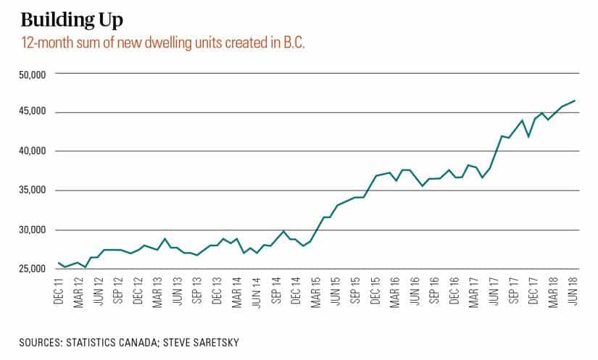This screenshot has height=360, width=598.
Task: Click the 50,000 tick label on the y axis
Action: pos(32,73)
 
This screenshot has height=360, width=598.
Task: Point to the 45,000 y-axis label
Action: pos(32,112)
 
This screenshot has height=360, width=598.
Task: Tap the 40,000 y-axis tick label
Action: pos(32,151)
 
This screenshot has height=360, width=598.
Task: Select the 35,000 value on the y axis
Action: pos(32,191)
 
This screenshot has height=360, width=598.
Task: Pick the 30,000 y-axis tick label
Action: pos(32,230)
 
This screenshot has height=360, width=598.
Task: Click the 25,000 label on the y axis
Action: pos(32,269)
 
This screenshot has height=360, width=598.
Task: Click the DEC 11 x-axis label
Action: pos(59,290)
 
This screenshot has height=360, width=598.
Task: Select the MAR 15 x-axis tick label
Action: pos(316,290)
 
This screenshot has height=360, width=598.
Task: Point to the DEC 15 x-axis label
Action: pos(375,290)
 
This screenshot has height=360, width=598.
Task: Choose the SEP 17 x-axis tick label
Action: pos(514,290)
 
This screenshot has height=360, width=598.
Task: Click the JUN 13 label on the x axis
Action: pos(178,290)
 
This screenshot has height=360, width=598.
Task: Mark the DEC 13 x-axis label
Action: pos(217,290)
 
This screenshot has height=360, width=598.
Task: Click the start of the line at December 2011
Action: pos(58,263)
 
